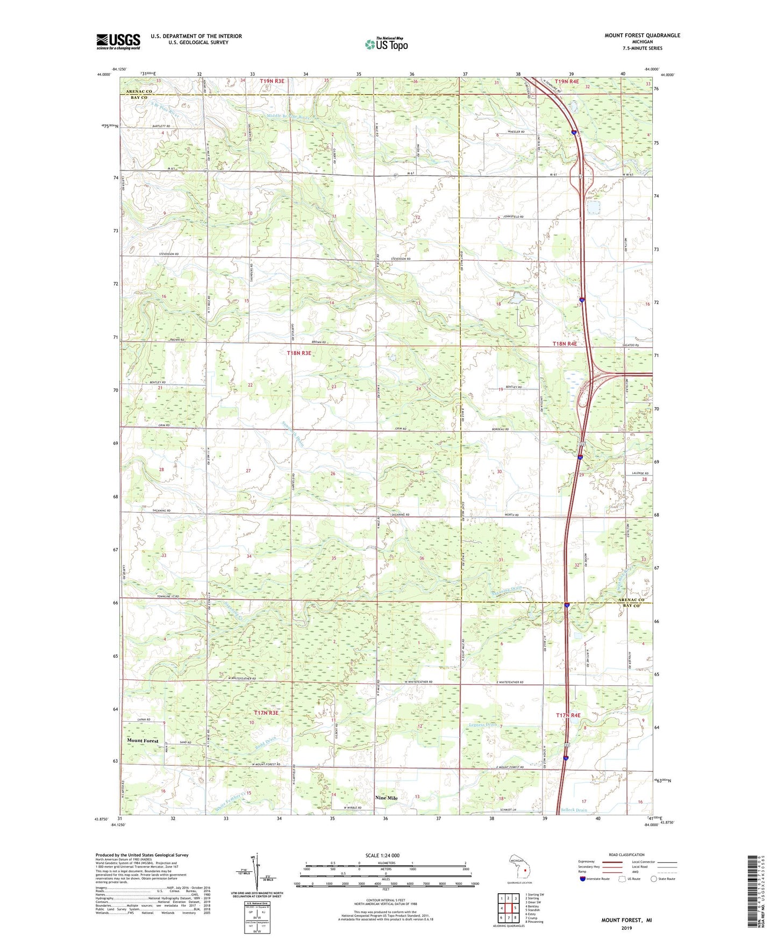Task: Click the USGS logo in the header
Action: (x=118, y=41)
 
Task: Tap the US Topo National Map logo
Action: (x=386, y=44)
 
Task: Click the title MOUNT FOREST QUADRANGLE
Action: (x=641, y=35)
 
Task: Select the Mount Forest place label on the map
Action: (x=142, y=741)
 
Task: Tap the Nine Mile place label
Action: (x=386, y=798)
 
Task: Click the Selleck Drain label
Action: (x=574, y=809)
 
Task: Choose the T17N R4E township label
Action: (x=568, y=715)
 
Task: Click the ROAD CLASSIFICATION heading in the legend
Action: (x=626, y=855)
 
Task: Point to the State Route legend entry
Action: (x=662, y=879)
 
